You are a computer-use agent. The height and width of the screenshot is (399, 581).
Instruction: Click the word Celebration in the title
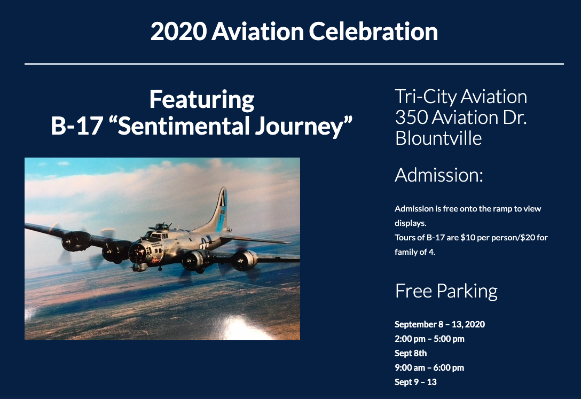pyautogui.click(x=373, y=31)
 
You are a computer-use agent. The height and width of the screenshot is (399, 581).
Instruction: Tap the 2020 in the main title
pyautogui.click(x=178, y=31)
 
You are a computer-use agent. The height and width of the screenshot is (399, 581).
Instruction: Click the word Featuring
pyautogui.click(x=202, y=99)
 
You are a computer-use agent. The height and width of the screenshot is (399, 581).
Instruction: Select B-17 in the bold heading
pyautogui.click(x=77, y=126)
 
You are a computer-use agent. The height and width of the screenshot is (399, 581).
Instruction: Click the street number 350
pyautogui.click(x=411, y=118)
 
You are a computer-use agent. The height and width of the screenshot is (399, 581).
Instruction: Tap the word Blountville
pyautogui.click(x=438, y=138)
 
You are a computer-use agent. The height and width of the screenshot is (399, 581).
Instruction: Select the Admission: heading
pyautogui.click(x=439, y=175)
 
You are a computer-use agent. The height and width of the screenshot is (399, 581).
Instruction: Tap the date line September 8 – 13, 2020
pyautogui.click(x=439, y=325)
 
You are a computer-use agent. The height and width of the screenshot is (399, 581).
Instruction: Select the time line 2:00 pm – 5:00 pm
pyautogui.click(x=429, y=339)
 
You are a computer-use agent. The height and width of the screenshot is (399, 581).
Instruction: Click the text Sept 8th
pyautogui.click(x=411, y=354)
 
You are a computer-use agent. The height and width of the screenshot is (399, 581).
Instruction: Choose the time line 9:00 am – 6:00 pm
pyautogui.click(x=429, y=368)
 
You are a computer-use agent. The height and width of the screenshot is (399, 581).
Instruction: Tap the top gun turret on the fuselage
pyautogui.click(x=162, y=226)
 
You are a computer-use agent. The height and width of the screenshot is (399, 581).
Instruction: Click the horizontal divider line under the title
pyautogui.click(x=294, y=64)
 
